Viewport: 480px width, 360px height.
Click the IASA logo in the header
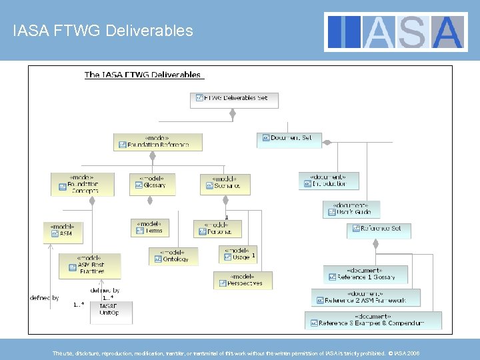click(x=397, y=31)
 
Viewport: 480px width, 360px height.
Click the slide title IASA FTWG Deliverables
click(x=103, y=31)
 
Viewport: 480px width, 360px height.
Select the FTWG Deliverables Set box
click(x=234, y=99)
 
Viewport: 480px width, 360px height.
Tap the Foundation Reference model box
click(x=158, y=142)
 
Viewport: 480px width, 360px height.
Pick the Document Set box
click(x=288, y=138)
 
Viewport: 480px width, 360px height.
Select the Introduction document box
click(x=328, y=181)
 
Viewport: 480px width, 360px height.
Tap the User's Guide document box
click(x=351, y=209)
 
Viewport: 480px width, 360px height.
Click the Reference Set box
click(x=378, y=229)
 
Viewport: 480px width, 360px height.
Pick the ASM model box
click(x=63, y=230)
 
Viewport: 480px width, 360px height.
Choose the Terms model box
click(x=151, y=227)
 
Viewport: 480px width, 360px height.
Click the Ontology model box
click(x=173, y=256)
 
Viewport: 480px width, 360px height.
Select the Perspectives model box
click(x=243, y=279)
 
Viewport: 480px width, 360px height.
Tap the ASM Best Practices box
click(x=90, y=265)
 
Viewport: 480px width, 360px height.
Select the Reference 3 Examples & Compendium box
click(x=373, y=320)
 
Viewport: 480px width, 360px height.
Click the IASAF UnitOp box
click(x=111, y=311)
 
